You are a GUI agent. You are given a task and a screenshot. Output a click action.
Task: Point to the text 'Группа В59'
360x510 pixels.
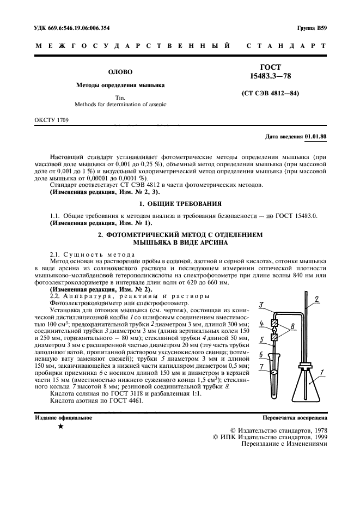coord(312,28)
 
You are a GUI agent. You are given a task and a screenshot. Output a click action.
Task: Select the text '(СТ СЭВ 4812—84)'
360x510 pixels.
coord(270,93)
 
